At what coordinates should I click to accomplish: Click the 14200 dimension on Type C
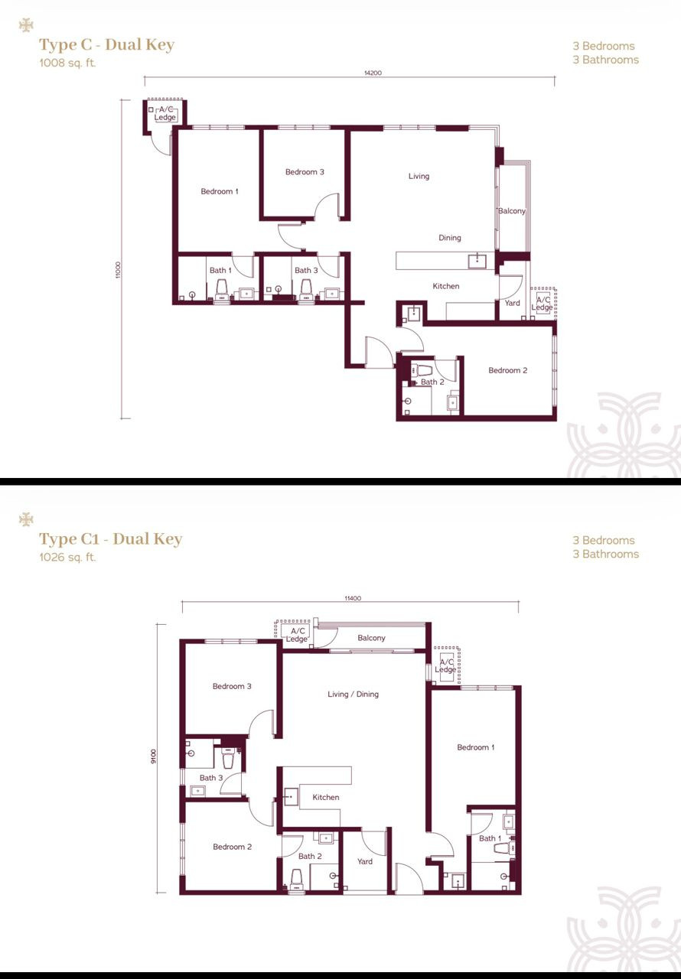pyautogui.click(x=373, y=73)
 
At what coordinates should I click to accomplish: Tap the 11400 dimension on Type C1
pyautogui.click(x=353, y=598)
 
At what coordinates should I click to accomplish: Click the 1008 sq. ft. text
pyautogui.click(x=68, y=63)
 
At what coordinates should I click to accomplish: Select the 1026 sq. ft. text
pyautogui.click(x=68, y=558)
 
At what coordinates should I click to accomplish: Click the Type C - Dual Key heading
pyautogui.click(x=107, y=45)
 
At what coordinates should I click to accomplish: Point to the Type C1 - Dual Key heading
pyautogui.click(x=111, y=539)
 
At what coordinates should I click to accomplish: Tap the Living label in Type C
pyautogui.click(x=419, y=176)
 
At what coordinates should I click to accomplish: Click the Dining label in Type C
pyautogui.click(x=450, y=238)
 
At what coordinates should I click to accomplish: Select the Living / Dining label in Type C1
pyautogui.click(x=354, y=694)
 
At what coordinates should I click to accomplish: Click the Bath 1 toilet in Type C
pyautogui.click(x=222, y=289)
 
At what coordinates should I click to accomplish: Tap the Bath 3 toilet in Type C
pyautogui.click(x=306, y=289)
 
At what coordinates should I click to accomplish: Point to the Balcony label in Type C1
pyautogui.click(x=372, y=638)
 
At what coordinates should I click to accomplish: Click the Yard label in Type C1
pyautogui.click(x=365, y=861)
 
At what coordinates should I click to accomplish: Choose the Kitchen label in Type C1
pyautogui.click(x=326, y=797)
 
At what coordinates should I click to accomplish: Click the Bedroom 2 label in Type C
pyautogui.click(x=508, y=370)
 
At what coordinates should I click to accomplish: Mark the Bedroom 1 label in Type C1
pyautogui.click(x=476, y=747)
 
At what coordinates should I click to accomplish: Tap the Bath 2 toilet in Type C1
pyautogui.click(x=296, y=879)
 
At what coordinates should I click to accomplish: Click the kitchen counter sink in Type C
pyautogui.click(x=477, y=261)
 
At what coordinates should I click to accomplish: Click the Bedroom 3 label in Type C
pyautogui.click(x=305, y=172)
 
